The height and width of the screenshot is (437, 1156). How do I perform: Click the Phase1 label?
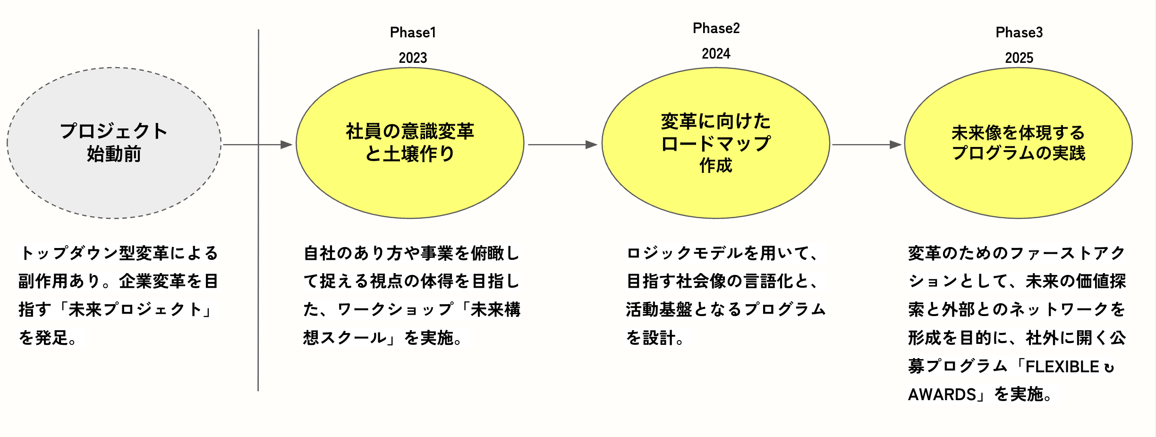[x=413, y=33]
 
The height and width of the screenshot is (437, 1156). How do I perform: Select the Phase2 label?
[x=716, y=28]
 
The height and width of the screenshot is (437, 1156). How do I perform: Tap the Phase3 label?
[x=1019, y=33]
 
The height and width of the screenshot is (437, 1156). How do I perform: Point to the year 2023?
[x=413, y=58]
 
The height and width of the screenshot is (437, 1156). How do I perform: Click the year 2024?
[x=716, y=54]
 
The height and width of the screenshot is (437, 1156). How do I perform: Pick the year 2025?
[x=1019, y=58]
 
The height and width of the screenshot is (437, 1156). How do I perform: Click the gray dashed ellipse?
[x=114, y=189]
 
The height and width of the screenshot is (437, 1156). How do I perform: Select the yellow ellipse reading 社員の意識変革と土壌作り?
[x=410, y=189]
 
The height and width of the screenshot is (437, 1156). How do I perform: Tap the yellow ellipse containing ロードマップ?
[x=716, y=194]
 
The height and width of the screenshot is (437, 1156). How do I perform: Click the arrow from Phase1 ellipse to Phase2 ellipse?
[x=562, y=145]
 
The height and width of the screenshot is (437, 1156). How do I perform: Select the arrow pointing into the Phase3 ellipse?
[x=867, y=145]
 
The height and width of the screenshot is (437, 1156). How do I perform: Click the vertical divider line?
[x=258, y=283]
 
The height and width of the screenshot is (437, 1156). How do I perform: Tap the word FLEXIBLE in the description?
[x=1062, y=367]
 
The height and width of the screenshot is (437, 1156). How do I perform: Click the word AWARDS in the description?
[x=942, y=394]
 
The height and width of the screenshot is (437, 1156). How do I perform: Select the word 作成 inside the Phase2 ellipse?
[x=716, y=166]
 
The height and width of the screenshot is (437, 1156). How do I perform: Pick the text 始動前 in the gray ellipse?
[x=114, y=154]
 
